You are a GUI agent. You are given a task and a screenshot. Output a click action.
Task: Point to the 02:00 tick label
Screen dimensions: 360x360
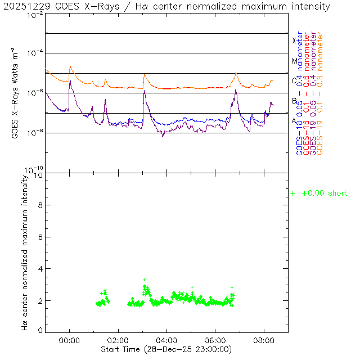(x=118, y=340)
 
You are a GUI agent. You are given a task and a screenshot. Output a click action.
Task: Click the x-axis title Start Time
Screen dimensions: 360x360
(x=166, y=349)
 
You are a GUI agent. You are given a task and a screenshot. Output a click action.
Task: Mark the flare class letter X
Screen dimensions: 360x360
(x=294, y=40)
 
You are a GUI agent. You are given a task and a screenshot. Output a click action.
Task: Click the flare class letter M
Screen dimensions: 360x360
(x=294, y=61)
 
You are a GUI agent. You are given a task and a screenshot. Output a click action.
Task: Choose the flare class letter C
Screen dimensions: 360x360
(x=294, y=80)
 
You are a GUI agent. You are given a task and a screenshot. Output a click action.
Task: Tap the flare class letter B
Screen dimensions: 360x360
(x=294, y=101)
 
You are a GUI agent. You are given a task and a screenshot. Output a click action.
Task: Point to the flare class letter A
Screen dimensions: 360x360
(x=294, y=120)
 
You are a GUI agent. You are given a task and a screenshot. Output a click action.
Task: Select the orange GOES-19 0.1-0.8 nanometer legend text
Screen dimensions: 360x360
(x=321, y=93)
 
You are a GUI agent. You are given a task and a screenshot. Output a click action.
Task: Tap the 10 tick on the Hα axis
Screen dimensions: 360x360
(x=39, y=175)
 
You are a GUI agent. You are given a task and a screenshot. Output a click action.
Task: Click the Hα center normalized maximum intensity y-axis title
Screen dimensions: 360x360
(x=25, y=251)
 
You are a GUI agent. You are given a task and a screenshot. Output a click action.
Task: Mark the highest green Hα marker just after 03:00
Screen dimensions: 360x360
(x=144, y=280)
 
